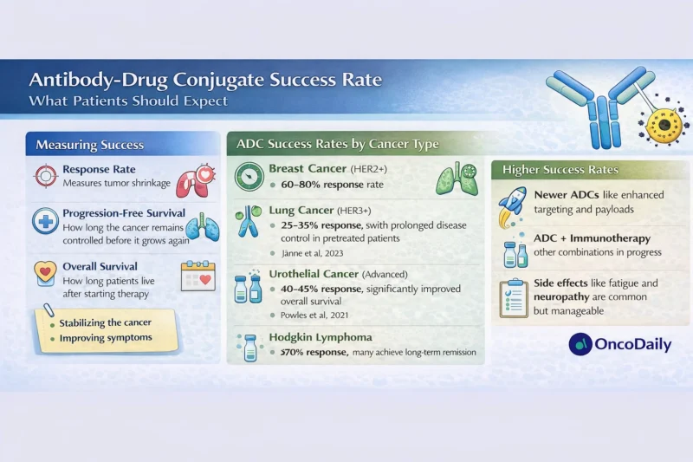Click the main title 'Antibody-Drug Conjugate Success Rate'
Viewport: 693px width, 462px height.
click(x=205, y=81)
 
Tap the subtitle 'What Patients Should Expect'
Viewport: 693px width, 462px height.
click(x=128, y=101)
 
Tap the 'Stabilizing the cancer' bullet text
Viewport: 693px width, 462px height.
click(x=106, y=322)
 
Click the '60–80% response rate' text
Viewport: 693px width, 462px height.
click(x=325, y=184)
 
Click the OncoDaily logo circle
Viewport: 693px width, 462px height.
click(x=580, y=344)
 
